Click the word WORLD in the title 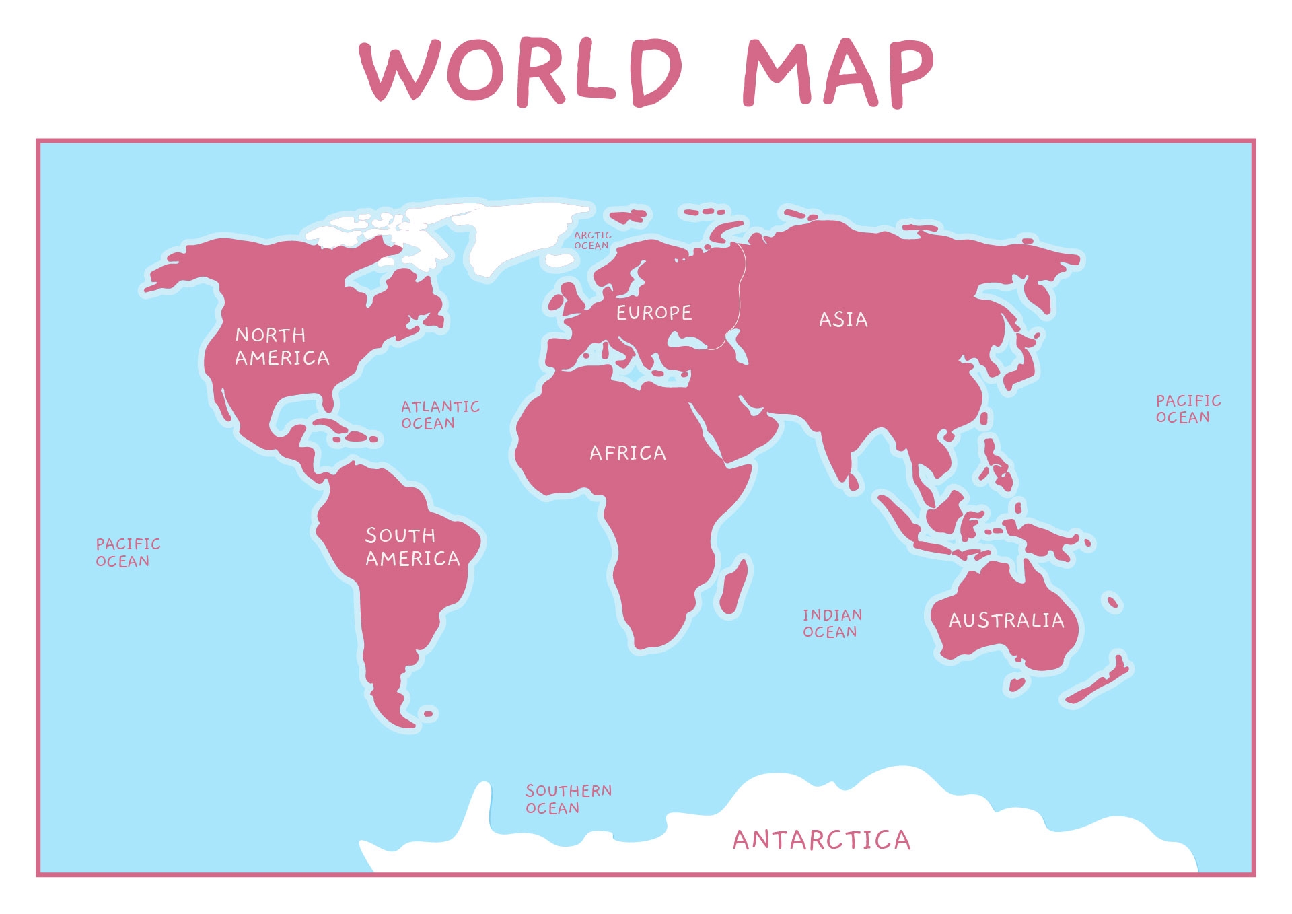(x=521, y=71)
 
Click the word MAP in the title (x=838, y=73)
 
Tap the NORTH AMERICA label (x=282, y=347)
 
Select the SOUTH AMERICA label (x=412, y=547)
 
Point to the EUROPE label (x=654, y=313)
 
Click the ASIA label (x=843, y=320)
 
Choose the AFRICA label (x=628, y=453)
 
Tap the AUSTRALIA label (x=1007, y=621)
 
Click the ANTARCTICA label (x=821, y=840)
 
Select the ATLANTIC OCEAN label (x=440, y=415)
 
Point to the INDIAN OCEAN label (x=832, y=623)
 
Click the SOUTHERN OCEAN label (x=569, y=799)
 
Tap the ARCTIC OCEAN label (x=592, y=240)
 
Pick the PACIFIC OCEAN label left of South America (x=128, y=553)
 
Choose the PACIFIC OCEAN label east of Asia (x=1188, y=409)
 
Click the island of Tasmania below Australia (x=1016, y=685)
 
